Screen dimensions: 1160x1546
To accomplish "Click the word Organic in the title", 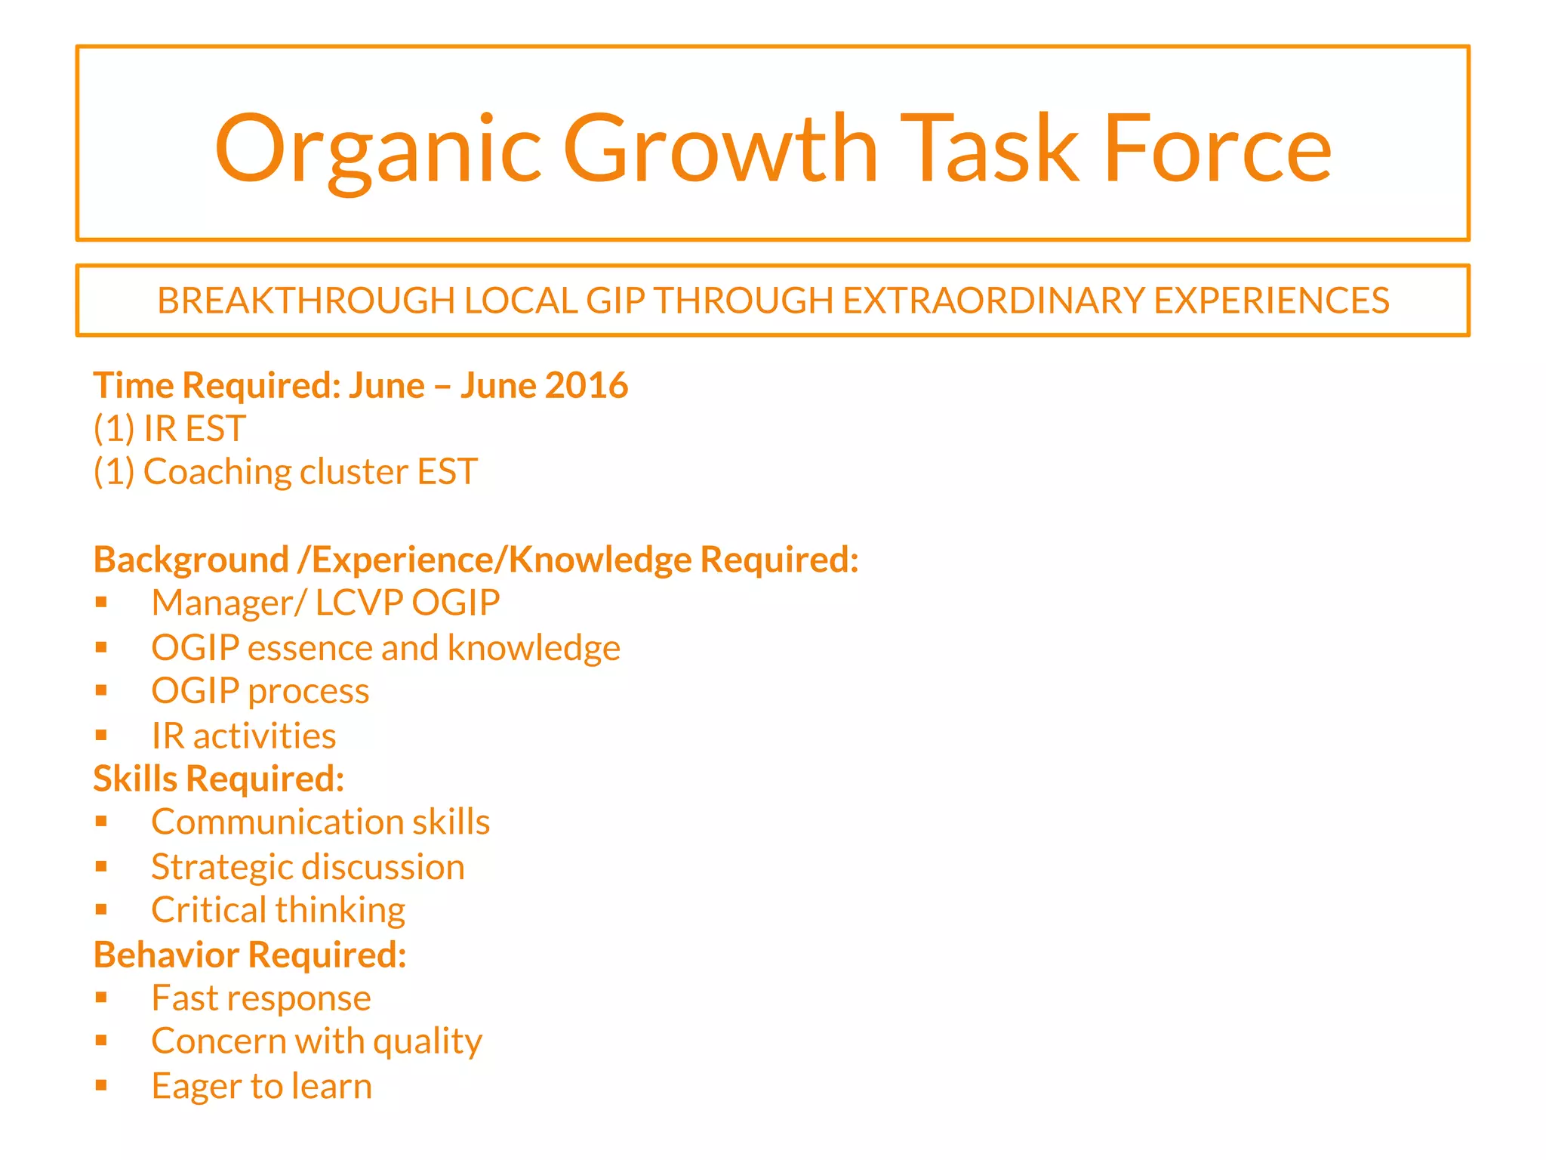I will pos(377,149).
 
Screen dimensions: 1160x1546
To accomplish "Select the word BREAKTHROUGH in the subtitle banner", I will pos(306,301).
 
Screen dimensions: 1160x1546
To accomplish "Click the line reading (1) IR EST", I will pos(170,429).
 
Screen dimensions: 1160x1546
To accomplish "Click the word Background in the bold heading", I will pos(191,560).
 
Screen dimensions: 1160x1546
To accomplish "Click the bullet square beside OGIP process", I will pos(102,690).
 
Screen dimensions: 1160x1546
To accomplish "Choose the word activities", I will pos(264,736).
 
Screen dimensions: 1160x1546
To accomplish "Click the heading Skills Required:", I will pos(219,779).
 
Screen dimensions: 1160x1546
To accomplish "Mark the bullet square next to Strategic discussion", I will pos(102,866).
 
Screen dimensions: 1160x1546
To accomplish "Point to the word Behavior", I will pos(167,955).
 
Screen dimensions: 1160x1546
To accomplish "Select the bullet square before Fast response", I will pos(102,998).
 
